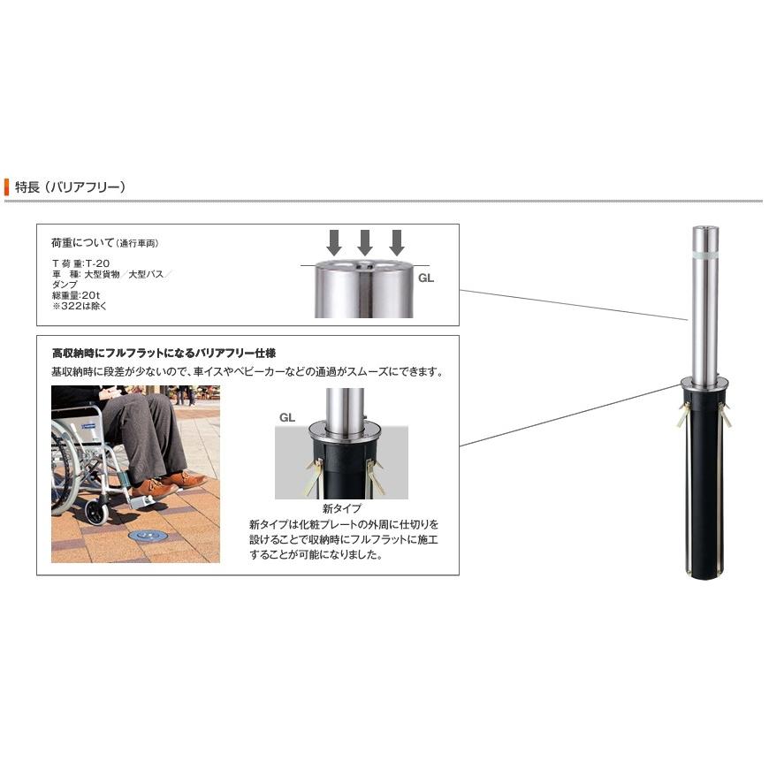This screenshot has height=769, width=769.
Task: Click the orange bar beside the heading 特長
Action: click(6, 187)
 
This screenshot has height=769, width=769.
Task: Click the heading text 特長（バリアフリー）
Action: click(70, 187)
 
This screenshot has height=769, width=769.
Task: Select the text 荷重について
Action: click(82, 242)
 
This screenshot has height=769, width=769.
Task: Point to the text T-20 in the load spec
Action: click(97, 263)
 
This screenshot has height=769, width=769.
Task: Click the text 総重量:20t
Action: click(76, 295)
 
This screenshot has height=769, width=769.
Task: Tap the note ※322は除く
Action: click(80, 306)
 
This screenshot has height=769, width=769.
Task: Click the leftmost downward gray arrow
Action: click(334, 243)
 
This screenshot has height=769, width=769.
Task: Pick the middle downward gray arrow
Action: click(365, 243)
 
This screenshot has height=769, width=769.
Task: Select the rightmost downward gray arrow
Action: click(396, 243)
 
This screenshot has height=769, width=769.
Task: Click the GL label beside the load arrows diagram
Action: click(426, 278)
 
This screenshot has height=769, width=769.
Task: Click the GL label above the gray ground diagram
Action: click(287, 417)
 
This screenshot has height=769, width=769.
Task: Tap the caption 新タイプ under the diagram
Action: click(342, 508)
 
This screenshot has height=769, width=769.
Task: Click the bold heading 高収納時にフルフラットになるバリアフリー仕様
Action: click(164, 353)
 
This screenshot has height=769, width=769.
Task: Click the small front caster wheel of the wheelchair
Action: click(96, 512)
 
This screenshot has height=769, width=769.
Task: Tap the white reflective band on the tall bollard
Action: click(704, 255)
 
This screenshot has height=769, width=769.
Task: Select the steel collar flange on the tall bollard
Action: click(704, 383)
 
